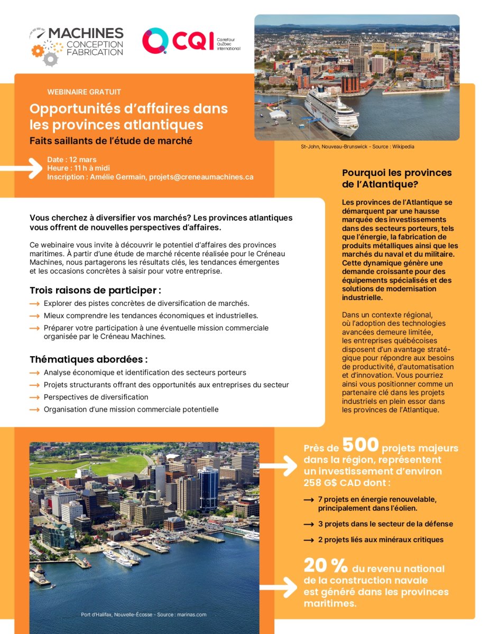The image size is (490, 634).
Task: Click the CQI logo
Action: pyautogui.click(x=190, y=41)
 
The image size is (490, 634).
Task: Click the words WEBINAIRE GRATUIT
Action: pyautogui.click(x=84, y=92)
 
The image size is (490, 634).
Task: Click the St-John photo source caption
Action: pyautogui.click(x=357, y=146)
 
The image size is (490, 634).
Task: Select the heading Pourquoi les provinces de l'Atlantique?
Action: pyautogui.click(x=397, y=178)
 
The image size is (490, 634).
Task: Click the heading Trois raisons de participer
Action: pyautogui.click(x=95, y=291)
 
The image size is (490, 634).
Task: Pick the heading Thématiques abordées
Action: pyautogui.click(x=88, y=359)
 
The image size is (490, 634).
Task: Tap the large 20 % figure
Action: pyautogui.click(x=325, y=566)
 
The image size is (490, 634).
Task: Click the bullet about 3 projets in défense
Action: pyautogui.click(x=385, y=524)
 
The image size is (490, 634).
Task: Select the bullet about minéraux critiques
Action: pyautogui.click(x=381, y=539)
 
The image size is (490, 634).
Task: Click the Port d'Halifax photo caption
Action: pyautogui.click(x=143, y=614)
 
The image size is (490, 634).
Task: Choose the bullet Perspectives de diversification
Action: pyautogui.click(x=96, y=397)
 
